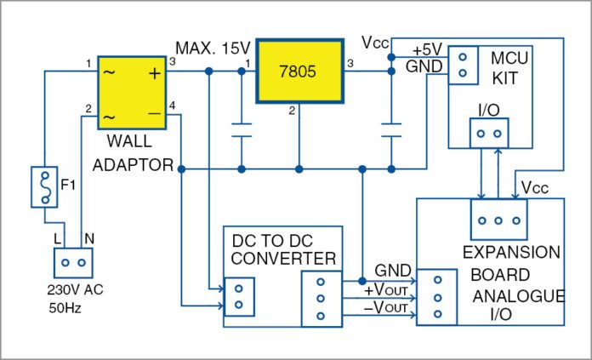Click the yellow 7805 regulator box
(x=299, y=72)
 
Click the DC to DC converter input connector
(x=239, y=295)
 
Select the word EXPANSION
(x=510, y=254)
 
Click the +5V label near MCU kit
(x=428, y=50)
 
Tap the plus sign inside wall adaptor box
(x=154, y=73)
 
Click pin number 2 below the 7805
(x=292, y=110)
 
